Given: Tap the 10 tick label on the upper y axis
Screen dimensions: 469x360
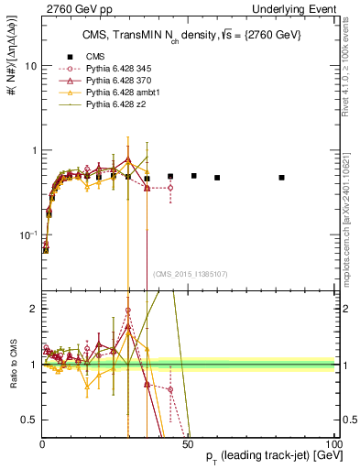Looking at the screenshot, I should (x=30, y=67).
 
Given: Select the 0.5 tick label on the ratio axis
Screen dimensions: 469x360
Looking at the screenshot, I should (x=29, y=420).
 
